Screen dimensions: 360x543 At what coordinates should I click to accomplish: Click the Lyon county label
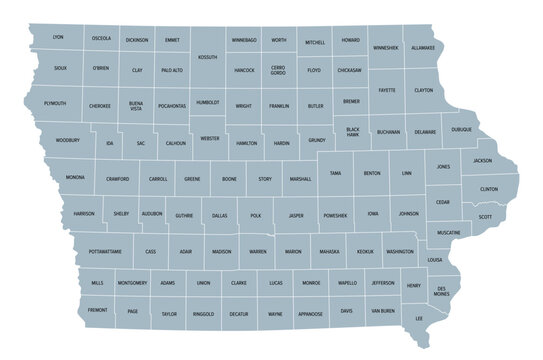57,37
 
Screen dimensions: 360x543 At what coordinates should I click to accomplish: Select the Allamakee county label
422,47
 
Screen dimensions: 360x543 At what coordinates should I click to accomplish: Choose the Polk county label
256,215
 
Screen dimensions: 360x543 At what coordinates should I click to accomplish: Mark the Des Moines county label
441,291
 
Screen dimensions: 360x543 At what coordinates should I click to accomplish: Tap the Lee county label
419,318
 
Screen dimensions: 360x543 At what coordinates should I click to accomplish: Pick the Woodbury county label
68,141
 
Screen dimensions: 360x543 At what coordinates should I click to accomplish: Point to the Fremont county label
98,311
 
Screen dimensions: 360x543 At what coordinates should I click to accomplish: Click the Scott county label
485,217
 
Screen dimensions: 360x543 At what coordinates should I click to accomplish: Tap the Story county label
265,179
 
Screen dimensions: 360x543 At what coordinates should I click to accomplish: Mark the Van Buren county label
383,312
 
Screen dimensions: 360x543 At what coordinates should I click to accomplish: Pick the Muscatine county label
449,232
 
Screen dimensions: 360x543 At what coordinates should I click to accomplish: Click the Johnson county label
408,214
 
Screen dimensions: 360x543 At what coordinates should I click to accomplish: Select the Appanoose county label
311,313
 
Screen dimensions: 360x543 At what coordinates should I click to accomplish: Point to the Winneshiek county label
385,47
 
